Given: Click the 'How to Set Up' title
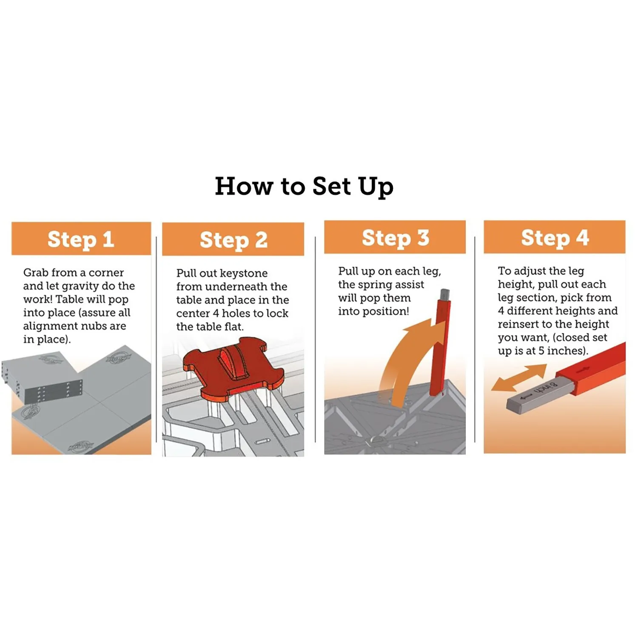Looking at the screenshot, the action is [x=304, y=186].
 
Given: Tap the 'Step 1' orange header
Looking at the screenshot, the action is [x=81, y=239].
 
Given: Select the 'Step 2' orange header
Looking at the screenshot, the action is [x=233, y=239].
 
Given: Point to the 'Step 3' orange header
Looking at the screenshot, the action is [x=395, y=237].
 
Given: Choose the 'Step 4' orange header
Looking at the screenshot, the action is [x=555, y=237].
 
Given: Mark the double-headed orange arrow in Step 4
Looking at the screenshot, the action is [x=519, y=378].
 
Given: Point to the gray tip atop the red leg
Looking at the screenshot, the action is [x=445, y=294].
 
